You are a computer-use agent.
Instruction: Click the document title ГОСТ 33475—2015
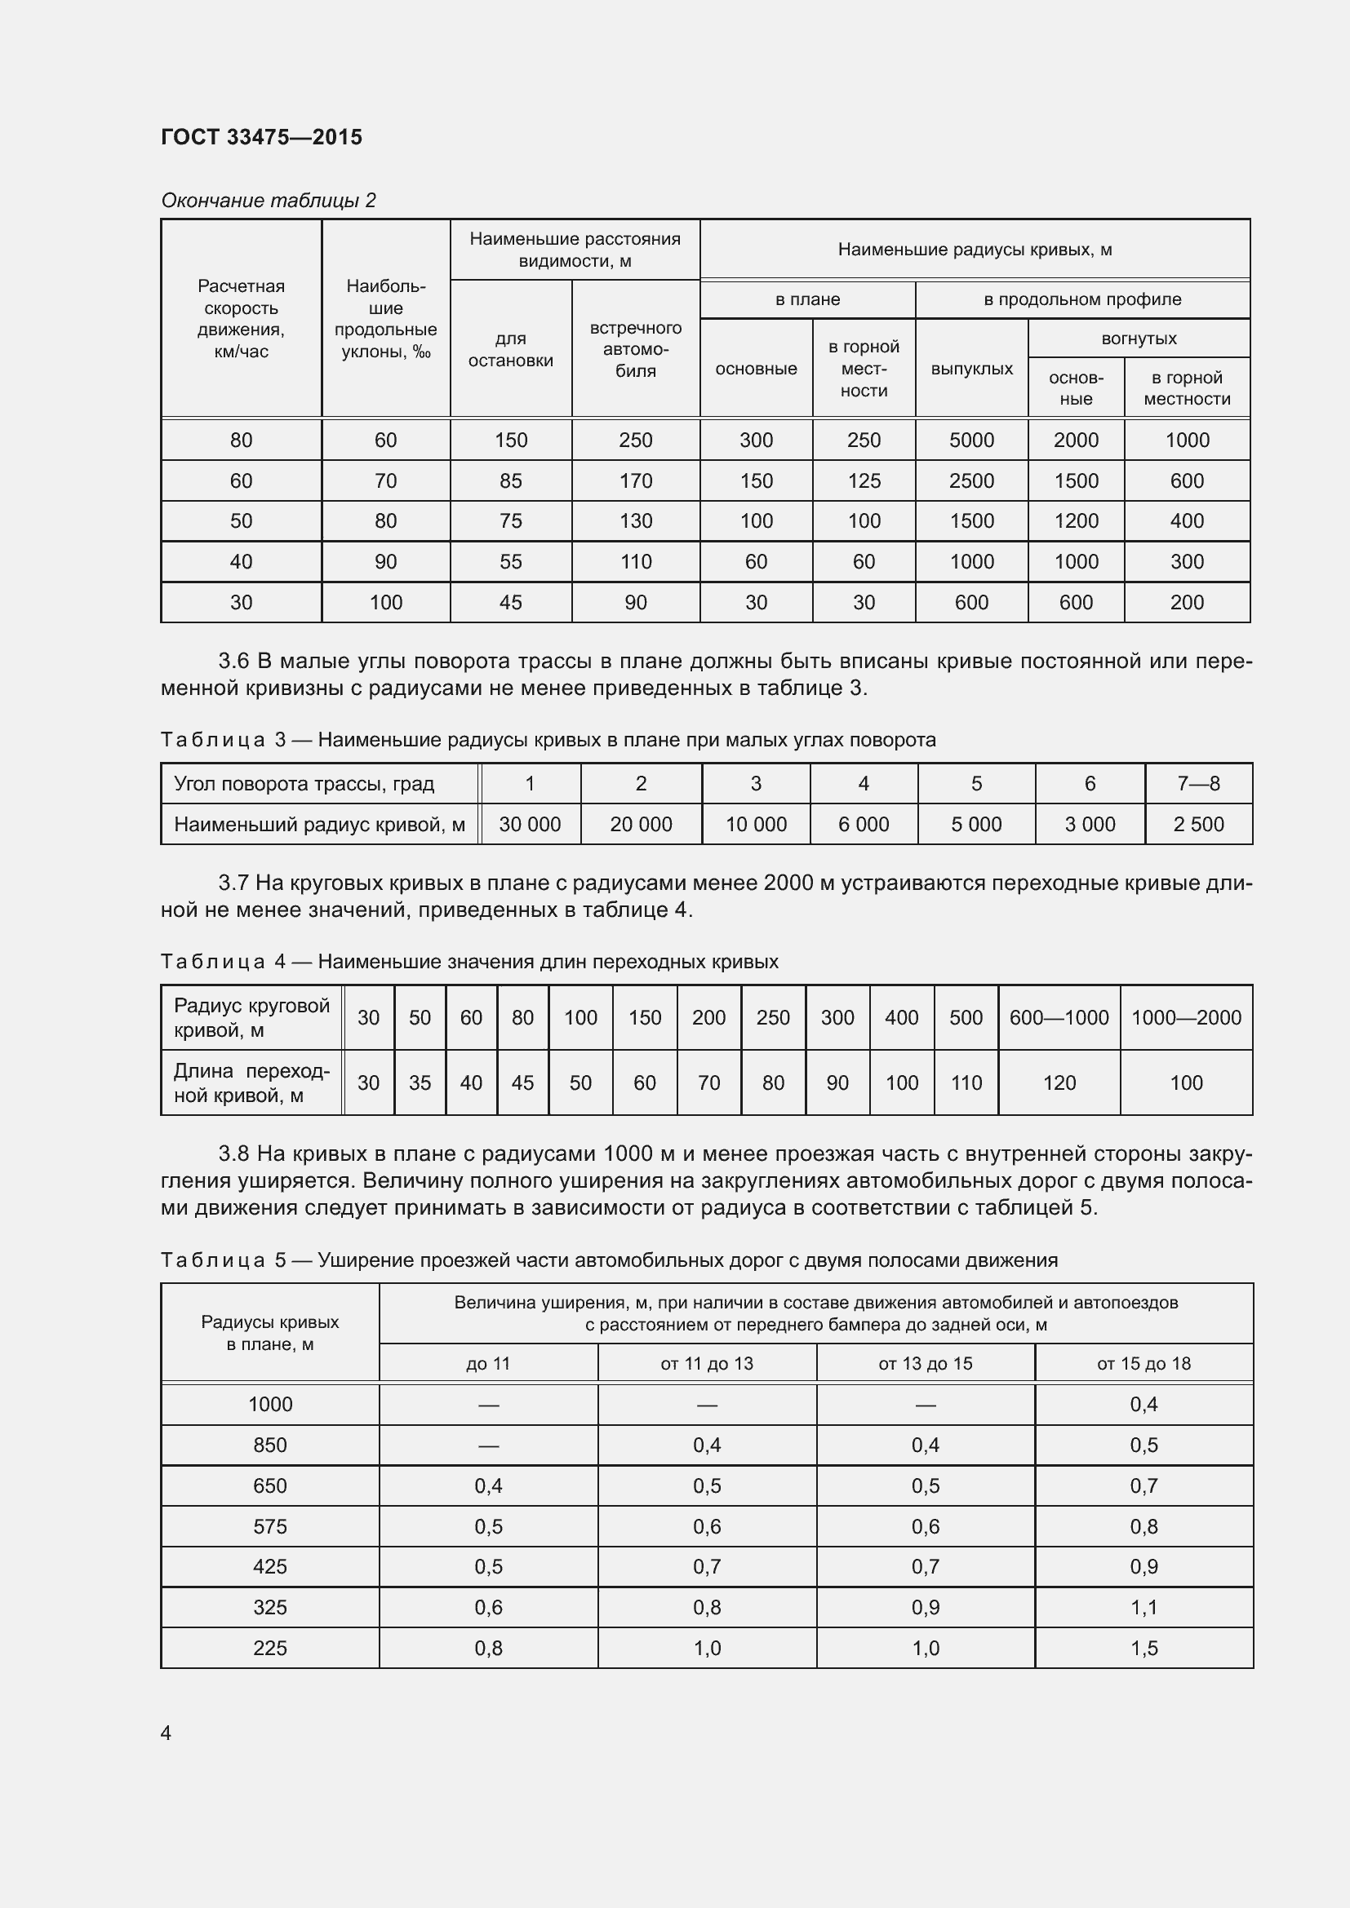pos(261,137)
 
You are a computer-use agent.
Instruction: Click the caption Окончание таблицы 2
pos(268,201)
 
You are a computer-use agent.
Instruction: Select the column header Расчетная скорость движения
pos(240,318)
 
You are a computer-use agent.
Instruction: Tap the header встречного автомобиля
pos(635,349)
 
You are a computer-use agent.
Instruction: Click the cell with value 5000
pos(971,440)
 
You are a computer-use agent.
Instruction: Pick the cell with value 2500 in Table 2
pos(971,480)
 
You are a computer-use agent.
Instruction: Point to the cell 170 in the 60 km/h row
pos(635,480)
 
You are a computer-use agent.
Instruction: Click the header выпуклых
pos(971,368)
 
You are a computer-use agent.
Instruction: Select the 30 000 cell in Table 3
pos(530,825)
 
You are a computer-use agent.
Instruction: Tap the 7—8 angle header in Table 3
pos(1198,783)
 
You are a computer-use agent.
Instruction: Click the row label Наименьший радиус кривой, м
pos(319,825)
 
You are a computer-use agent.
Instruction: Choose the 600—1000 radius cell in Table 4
pos(1059,1017)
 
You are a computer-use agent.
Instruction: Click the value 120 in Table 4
pos(1059,1082)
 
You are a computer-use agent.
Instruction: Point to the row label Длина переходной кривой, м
pos(251,1082)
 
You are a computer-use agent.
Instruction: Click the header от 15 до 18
pos(1143,1364)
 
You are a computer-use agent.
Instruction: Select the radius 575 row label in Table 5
pos(269,1526)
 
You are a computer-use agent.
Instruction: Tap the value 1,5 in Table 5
pos(1143,1648)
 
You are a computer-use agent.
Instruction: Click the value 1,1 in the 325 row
pos(1143,1607)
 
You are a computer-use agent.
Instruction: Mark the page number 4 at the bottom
pos(166,1733)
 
